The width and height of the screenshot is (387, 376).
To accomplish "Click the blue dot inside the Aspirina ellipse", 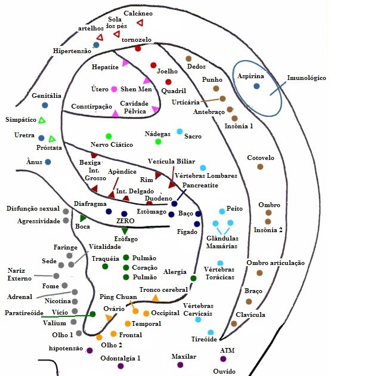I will coord(256,87).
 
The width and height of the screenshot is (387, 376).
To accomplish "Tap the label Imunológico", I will coord(306,78).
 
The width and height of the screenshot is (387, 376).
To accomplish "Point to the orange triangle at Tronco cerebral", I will coord(155,297).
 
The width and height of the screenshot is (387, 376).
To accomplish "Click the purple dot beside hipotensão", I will coord(89,350).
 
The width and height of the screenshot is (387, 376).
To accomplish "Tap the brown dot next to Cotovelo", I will coord(260,167).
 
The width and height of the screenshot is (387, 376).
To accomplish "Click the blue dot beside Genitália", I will coord(45,105).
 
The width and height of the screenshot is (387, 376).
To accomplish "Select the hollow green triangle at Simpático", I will coord(42,121).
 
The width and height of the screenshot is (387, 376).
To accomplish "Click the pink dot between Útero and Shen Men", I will coord(114,90).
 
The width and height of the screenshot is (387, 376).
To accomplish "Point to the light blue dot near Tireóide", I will coord(210,332).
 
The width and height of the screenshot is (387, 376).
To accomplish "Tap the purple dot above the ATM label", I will coord(223,359).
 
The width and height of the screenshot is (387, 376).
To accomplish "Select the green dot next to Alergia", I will coord(193,278).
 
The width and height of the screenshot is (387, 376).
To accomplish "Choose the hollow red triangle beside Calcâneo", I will coord(140,23).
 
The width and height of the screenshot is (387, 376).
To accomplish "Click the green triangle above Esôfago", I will coord(125,230).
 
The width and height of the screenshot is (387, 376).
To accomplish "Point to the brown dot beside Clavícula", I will coord(234,323).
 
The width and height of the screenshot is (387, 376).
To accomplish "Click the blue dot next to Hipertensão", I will coord(96,45).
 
